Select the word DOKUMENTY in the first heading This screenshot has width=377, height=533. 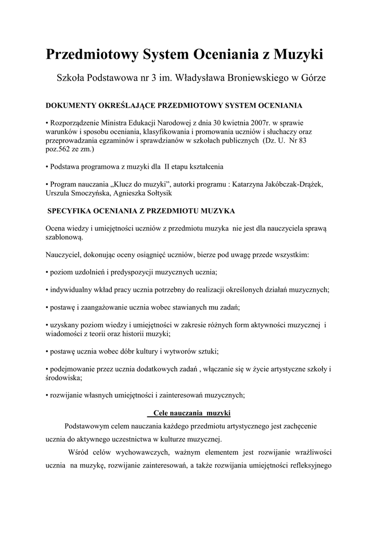click(71, 106)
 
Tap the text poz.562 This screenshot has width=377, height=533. click(61, 149)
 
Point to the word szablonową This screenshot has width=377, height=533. click(64, 236)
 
